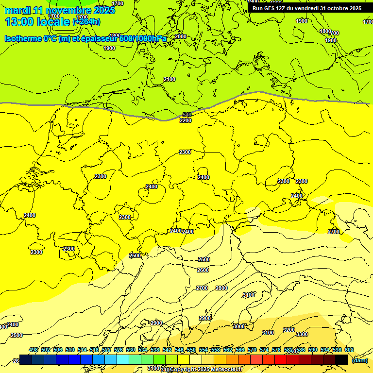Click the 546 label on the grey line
tap(187, 115)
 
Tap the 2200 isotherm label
tap(186, 120)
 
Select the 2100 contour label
tap(170, 79)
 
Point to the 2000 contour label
tap(181, 36)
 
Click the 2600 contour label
tap(203, 270)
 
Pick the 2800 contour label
tap(221, 288)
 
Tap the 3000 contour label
tap(239, 326)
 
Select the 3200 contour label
tap(289, 330)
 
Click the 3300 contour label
tap(302, 334)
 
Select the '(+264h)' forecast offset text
tap(86, 22)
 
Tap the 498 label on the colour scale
tap(34, 350)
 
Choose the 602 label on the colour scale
tap(349, 350)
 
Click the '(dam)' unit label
tap(360, 360)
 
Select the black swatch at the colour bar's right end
tap(341, 359)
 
